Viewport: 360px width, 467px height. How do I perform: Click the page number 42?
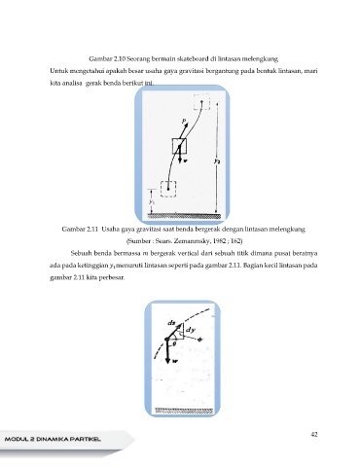[x=313, y=434]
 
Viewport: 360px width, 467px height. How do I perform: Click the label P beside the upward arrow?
[x=184, y=122]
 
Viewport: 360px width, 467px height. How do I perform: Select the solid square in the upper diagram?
[x=179, y=146]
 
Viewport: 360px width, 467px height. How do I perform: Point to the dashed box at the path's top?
[x=201, y=102]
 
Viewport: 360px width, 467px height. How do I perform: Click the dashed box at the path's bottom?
[x=168, y=189]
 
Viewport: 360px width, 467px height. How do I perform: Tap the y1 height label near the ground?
[x=152, y=201]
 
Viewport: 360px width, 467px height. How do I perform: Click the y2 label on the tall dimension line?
[x=218, y=161]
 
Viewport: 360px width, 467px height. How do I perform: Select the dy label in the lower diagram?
[x=191, y=330]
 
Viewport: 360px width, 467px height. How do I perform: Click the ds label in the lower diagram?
[x=171, y=323]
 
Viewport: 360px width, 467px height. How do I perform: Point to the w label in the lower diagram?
[x=175, y=361]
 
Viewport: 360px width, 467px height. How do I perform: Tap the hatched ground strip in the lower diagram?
[x=184, y=411]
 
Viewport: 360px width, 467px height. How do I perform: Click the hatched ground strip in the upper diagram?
[x=184, y=216]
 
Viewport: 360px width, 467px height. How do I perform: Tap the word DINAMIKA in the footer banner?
[x=53, y=440]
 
